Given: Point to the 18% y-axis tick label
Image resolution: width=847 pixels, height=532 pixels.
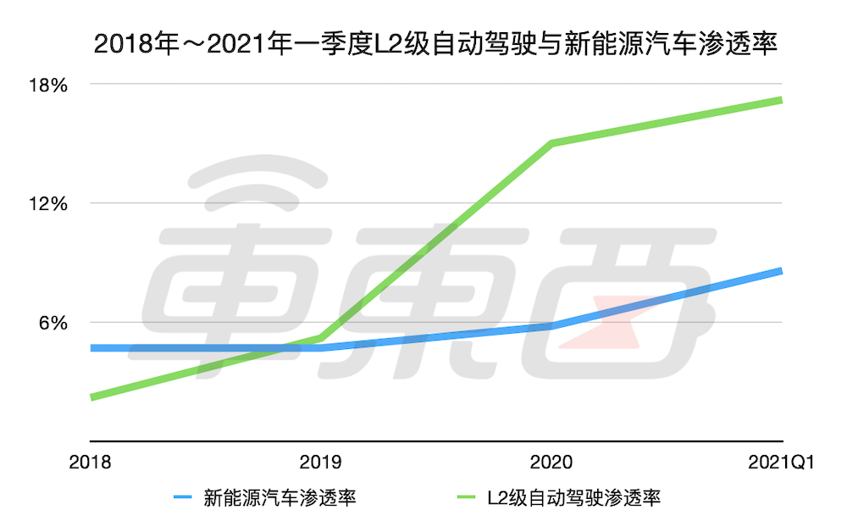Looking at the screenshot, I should coord(49,85).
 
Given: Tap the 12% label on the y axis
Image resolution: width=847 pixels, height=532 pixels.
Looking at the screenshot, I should coord(49,203).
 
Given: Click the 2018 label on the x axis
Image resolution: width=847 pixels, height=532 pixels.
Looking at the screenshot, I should coord(90,463).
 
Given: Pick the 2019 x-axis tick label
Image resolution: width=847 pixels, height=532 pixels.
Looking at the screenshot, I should coord(321,463).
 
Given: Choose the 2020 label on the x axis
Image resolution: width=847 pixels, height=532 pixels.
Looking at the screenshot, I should coord(551,463).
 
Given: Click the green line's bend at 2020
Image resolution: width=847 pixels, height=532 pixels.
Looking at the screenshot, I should coord(551,143).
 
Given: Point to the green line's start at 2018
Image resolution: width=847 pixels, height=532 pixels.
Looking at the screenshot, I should coord(91,396).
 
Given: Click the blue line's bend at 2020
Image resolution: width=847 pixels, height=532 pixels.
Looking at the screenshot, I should coord(551,325).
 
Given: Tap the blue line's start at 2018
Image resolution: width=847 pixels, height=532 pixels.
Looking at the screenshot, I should coord(91,347).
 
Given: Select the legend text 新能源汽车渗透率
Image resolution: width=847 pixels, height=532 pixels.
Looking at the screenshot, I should coord(280,498).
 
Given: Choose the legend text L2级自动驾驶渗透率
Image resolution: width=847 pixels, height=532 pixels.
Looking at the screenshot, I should coord(573,498).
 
